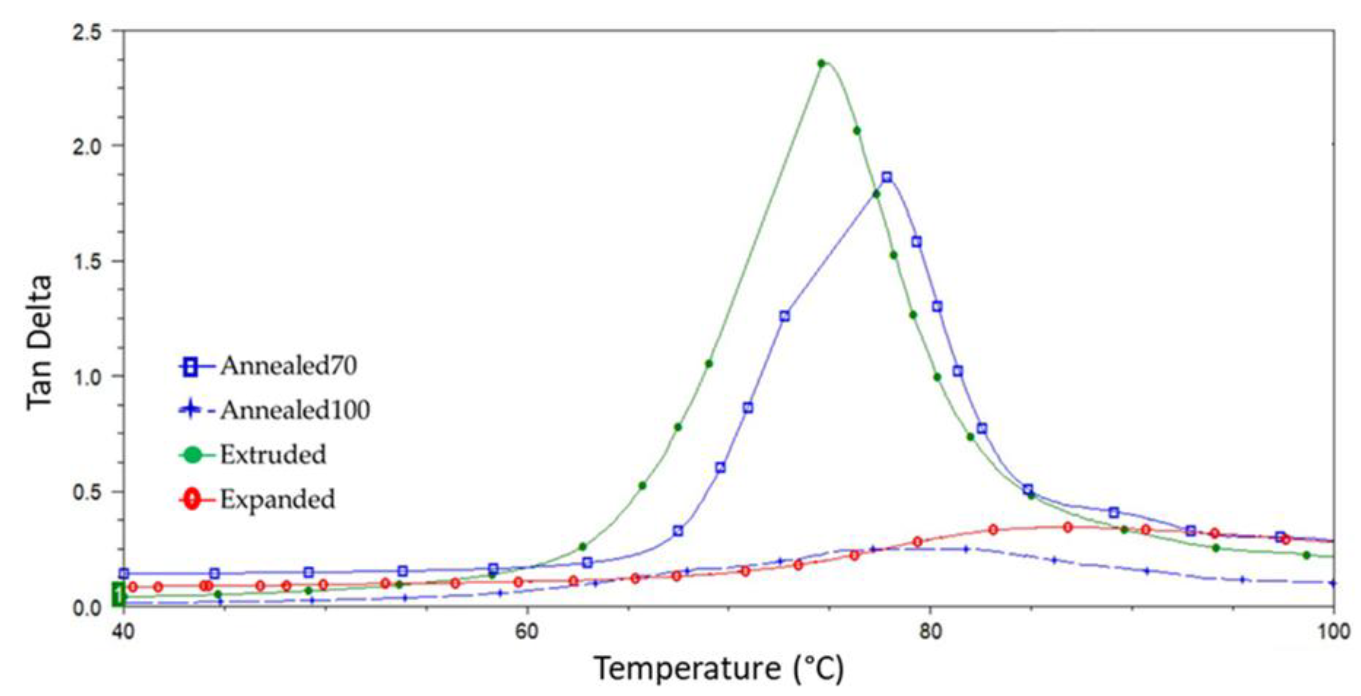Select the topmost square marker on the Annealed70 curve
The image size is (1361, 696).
pos(886,177)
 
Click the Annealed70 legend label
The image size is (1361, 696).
pos(289,366)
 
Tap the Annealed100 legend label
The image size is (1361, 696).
pos(295,410)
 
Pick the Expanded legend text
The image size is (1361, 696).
pos(277,499)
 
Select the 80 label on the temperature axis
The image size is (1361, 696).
pos(931,632)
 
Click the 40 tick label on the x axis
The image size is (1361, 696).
pos(123,632)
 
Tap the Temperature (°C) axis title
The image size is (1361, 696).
pos(719,669)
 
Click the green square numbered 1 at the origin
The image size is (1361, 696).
pos(118,595)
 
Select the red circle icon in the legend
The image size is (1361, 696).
pos(192,499)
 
